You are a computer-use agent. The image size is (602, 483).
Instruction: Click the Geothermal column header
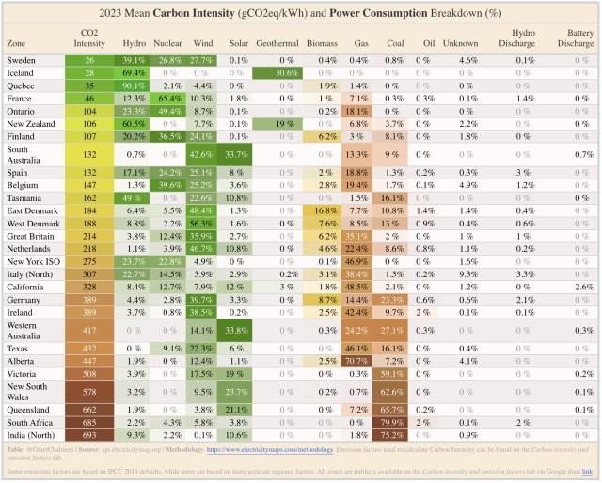pyautogui.click(x=277, y=43)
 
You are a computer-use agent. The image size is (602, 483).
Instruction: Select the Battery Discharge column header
pyautogui.click(x=575, y=38)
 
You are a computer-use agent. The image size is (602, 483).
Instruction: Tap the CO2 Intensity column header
pyautogui.click(x=89, y=38)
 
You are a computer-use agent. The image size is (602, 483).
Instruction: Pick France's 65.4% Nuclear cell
pyautogui.click(x=169, y=98)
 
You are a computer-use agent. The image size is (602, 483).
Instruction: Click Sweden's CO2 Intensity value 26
pyautogui.click(x=89, y=59)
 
